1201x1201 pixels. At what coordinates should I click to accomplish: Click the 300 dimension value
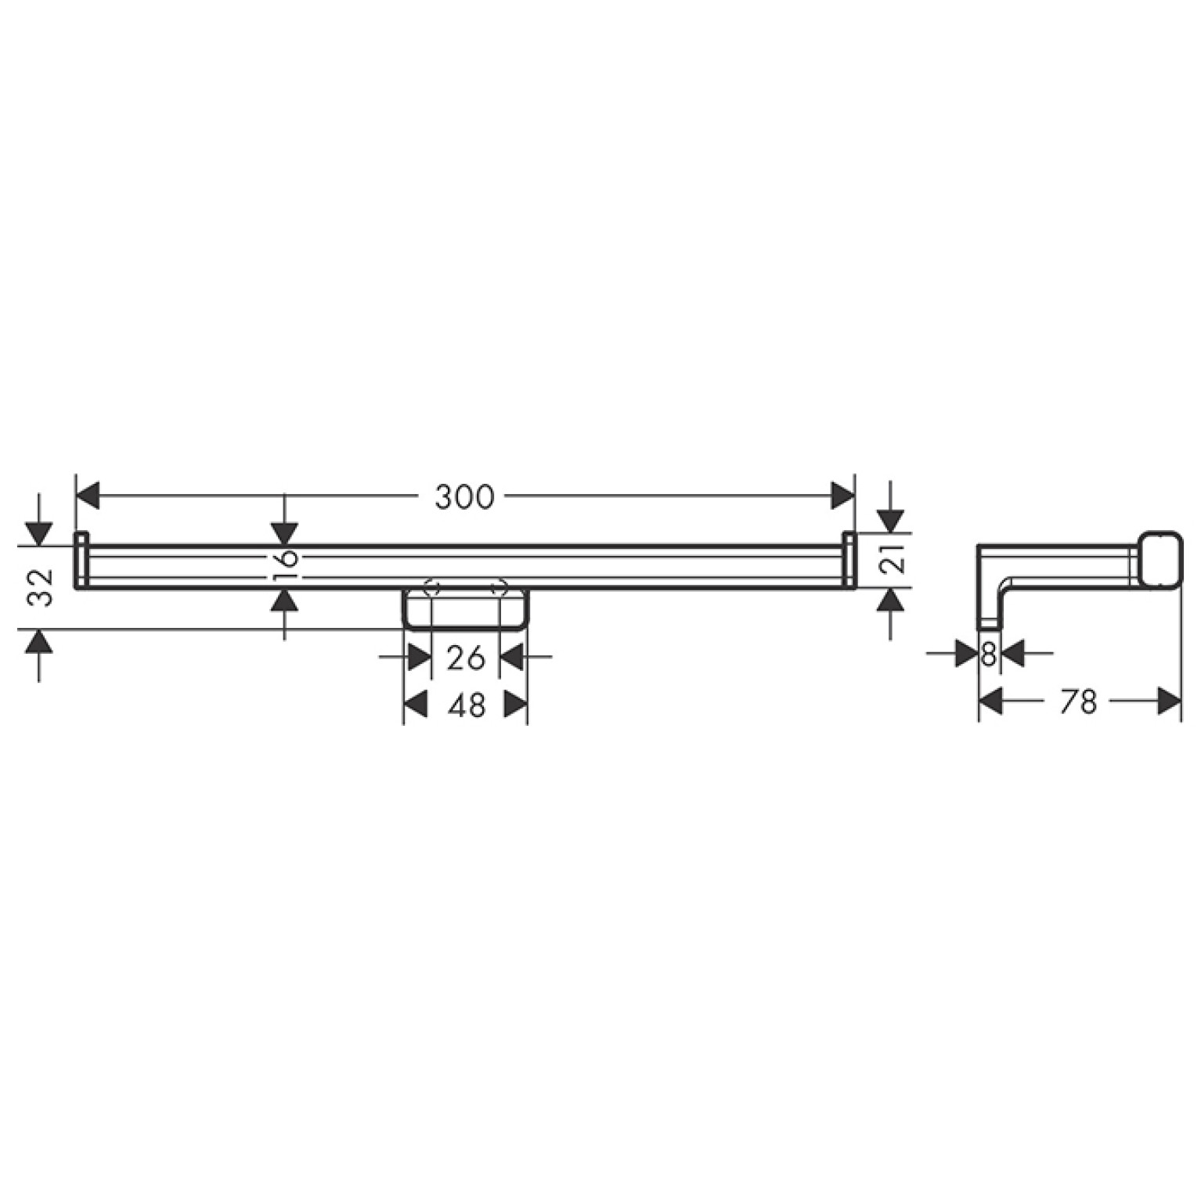point(465,496)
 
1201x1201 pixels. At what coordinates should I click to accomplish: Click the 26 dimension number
point(466,658)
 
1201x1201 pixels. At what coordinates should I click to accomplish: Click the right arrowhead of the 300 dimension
point(842,496)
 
